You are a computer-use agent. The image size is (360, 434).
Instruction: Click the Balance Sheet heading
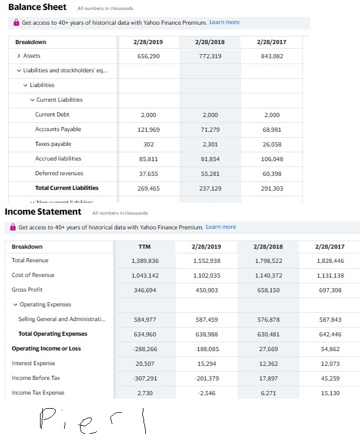(37, 7)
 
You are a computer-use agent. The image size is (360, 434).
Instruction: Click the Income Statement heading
(43, 212)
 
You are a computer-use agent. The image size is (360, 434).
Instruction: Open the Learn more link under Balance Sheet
(224, 22)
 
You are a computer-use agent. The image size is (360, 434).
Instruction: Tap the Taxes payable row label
(53, 144)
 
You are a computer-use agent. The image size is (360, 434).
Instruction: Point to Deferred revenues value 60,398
(272, 173)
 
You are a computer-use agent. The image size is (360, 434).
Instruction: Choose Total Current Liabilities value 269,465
(148, 188)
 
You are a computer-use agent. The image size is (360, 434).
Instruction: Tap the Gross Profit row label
(27, 290)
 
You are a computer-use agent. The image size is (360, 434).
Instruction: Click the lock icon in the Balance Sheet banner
(16, 22)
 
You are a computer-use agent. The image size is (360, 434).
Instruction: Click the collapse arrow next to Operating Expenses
(15, 305)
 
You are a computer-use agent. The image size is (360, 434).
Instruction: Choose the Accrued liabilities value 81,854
(209, 159)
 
